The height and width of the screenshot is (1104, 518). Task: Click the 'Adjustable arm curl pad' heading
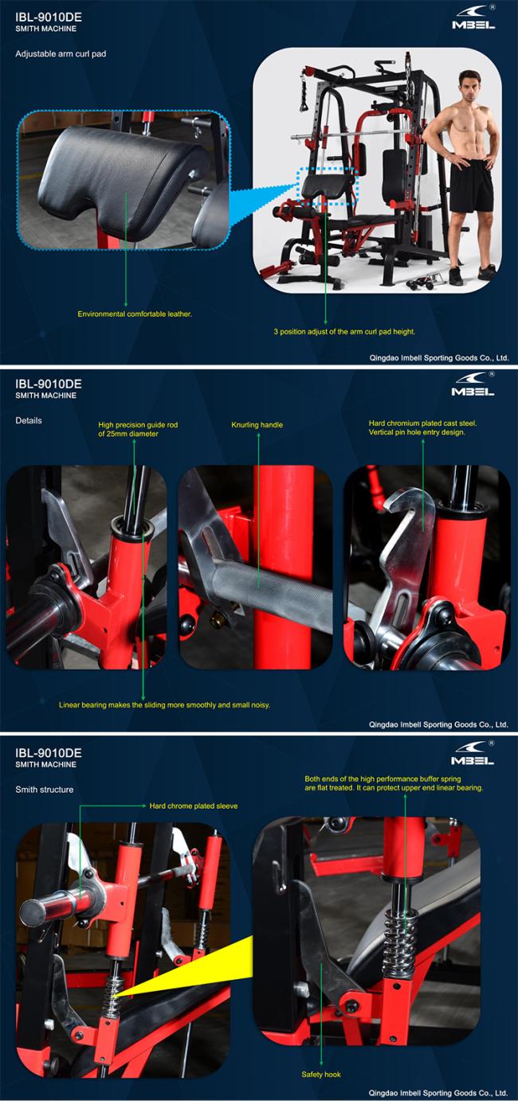tap(61, 53)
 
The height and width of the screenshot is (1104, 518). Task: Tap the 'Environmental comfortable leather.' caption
tap(135, 314)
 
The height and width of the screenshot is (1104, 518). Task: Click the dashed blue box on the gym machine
tap(326, 185)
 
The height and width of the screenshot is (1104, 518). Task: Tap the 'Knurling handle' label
tap(257, 425)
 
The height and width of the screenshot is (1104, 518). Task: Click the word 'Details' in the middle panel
tap(29, 420)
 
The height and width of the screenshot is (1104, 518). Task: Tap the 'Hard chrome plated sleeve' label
tap(194, 806)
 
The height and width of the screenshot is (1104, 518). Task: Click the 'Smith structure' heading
tap(45, 790)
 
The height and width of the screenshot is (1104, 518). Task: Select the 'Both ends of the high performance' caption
tap(394, 783)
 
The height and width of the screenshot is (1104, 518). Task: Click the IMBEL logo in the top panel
tap(473, 19)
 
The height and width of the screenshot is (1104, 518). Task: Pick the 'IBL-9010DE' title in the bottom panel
tap(49, 753)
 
